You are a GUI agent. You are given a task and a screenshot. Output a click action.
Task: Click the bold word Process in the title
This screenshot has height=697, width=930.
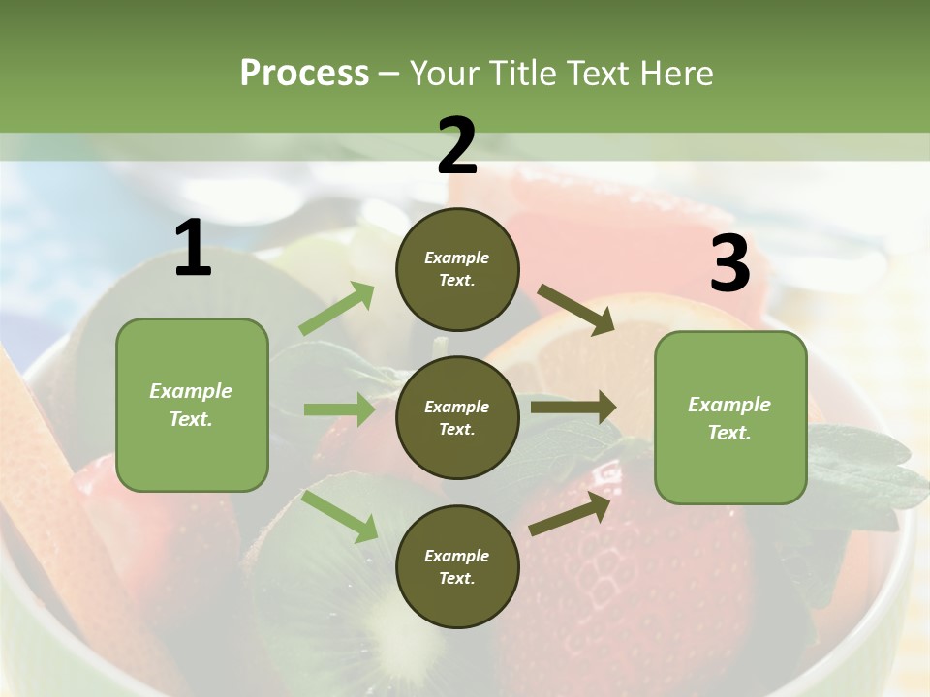pyautogui.click(x=304, y=74)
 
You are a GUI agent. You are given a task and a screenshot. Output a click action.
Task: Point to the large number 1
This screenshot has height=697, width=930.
pyautogui.click(x=193, y=250)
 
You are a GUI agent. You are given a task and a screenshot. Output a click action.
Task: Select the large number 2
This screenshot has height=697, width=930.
pyautogui.click(x=457, y=147)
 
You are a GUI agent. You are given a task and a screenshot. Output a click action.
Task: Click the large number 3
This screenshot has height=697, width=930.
pyautogui.click(x=729, y=264)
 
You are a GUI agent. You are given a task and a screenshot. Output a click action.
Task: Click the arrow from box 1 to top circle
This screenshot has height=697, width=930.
pyautogui.click(x=337, y=309)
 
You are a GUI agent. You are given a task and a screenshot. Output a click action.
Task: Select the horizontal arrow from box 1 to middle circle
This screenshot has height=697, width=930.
pyautogui.click(x=339, y=410)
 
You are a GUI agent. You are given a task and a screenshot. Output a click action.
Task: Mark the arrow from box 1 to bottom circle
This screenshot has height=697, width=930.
pyautogui.click(x=339, y=516)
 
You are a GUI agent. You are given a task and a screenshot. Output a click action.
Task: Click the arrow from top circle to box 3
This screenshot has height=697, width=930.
pyautogui.click(x=576, y=309)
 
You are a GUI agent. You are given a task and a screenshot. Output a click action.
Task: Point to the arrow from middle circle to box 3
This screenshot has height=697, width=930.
pyautogui.click(x=573, y=408)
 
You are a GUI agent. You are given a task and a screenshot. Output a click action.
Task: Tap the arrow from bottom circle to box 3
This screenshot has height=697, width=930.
pyautogui.click(x=571, y=514)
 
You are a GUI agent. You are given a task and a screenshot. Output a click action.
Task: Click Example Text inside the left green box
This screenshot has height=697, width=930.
pyautogui.click(x=191, y=405)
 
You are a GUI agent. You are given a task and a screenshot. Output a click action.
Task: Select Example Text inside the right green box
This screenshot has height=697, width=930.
pyautogui.click(x=729, y=418)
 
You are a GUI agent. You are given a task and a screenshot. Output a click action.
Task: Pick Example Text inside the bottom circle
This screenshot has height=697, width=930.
pyautogui.click(x=456, y=567)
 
